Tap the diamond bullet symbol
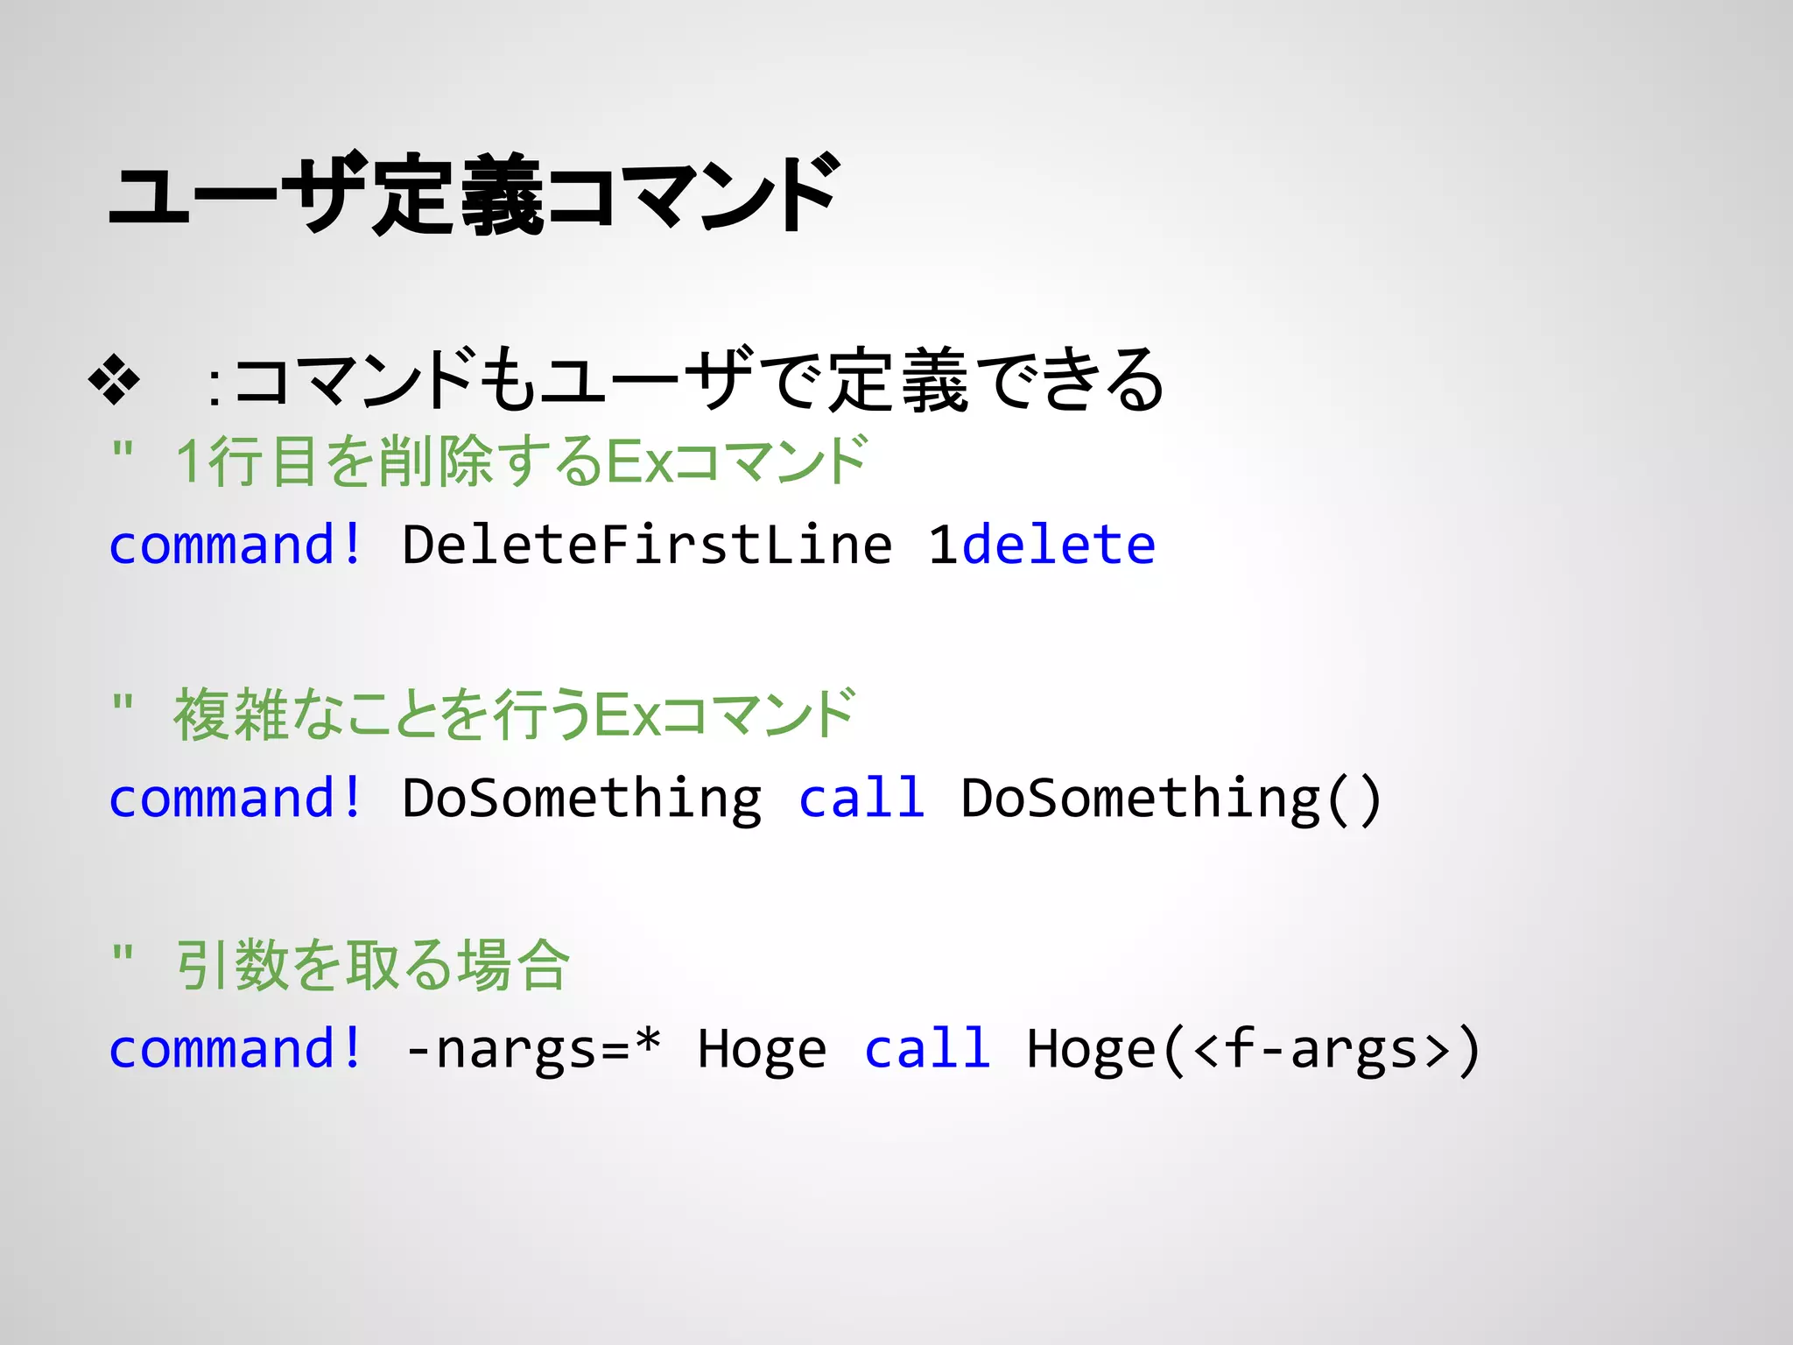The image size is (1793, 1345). [115, 380]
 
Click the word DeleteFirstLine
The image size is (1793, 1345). [647, 545]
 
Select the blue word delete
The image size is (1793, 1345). [1058, 545]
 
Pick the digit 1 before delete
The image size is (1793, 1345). [943, 545]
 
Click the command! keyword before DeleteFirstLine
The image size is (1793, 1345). [235, 545]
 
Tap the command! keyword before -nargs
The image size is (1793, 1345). [235, 1048]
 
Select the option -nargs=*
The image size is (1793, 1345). [532, 1048]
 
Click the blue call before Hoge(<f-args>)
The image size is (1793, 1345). [927, 1048]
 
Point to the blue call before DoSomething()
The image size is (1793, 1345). [861, 798]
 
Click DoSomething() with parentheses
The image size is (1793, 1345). [1171, 798]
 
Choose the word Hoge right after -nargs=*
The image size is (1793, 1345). [762, 1048]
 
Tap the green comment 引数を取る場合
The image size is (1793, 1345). [372, 965]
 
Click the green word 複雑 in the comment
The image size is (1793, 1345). [231, 714]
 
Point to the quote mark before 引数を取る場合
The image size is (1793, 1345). [123, 952]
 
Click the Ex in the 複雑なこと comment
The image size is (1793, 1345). [626, 714]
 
